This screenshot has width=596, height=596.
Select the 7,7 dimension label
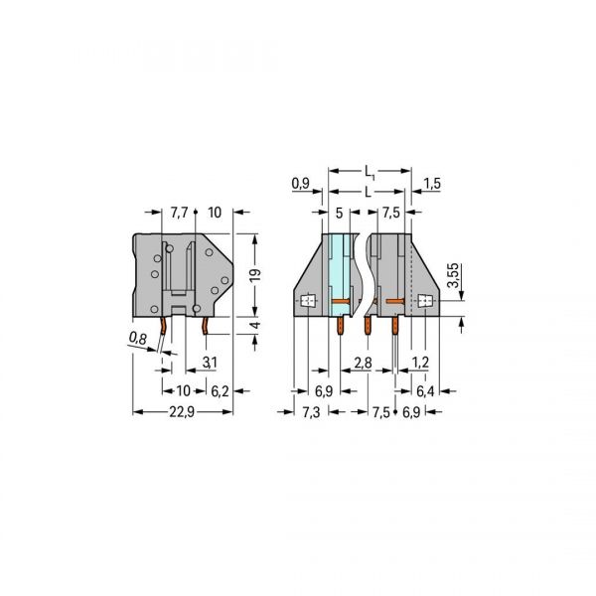click(x=179, y=213)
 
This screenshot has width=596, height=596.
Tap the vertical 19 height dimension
click(x=254, y=274)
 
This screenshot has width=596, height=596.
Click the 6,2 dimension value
click(x=220, y=391)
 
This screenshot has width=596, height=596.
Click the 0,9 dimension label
click(x=301, y=183)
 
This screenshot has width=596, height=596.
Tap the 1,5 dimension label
click(x=431, y=183)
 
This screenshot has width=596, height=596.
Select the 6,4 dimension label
click(x=426, y=391)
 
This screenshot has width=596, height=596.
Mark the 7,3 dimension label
click(x=310, y=410)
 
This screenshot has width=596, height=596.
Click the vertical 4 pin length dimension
click(x=254, y=326)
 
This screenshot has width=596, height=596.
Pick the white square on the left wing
click(x=307, y=301)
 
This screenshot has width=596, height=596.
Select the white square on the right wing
click(x=428, y=301)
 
